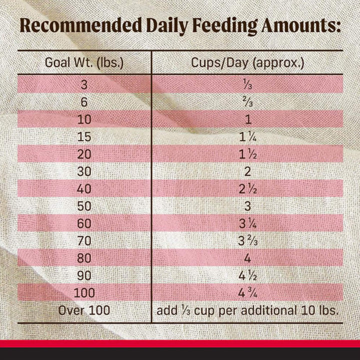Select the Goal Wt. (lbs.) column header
pos(84,63)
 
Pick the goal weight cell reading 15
pos(84,136)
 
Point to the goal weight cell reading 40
pos(84,189)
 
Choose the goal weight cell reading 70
pos(84,241)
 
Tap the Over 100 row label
pos(84,310)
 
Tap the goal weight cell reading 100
pos(84,293)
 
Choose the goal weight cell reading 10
pos(84,118)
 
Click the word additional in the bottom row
pos(269,310)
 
